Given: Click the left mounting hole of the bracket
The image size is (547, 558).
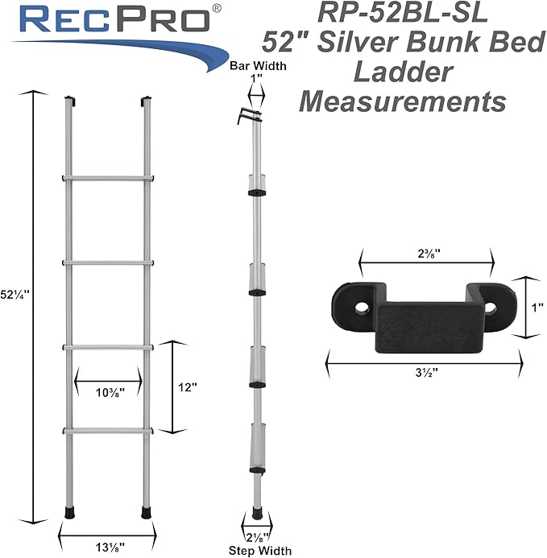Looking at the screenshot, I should click(x=360, y=306).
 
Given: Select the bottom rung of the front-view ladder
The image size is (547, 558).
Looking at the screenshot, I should click(x=107, y=431).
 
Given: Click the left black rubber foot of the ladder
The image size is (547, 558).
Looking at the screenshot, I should click(x=69, y=511).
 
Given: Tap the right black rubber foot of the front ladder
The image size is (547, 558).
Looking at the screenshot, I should click(x=147, y=511).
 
